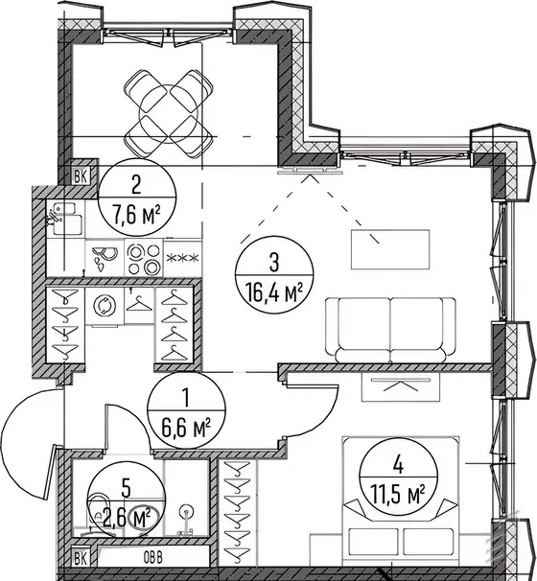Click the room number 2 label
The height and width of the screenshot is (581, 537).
[136, 184]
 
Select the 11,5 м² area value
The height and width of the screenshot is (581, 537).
[398, 495]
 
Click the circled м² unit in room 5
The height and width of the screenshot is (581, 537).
[144, 518]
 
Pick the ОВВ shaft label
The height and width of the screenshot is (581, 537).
[152, 558]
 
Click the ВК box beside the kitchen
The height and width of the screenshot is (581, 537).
[81, 176]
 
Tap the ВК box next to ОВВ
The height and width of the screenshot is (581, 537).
[81, 558]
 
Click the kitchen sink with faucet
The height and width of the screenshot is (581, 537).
[64, 220]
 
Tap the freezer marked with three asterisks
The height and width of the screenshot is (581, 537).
[183, 258]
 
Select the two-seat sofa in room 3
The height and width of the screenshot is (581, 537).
[390, 330]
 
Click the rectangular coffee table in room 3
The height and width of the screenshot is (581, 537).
[390, 249]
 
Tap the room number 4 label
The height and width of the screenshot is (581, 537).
[398, 465]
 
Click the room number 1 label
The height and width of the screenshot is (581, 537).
[186, 398]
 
